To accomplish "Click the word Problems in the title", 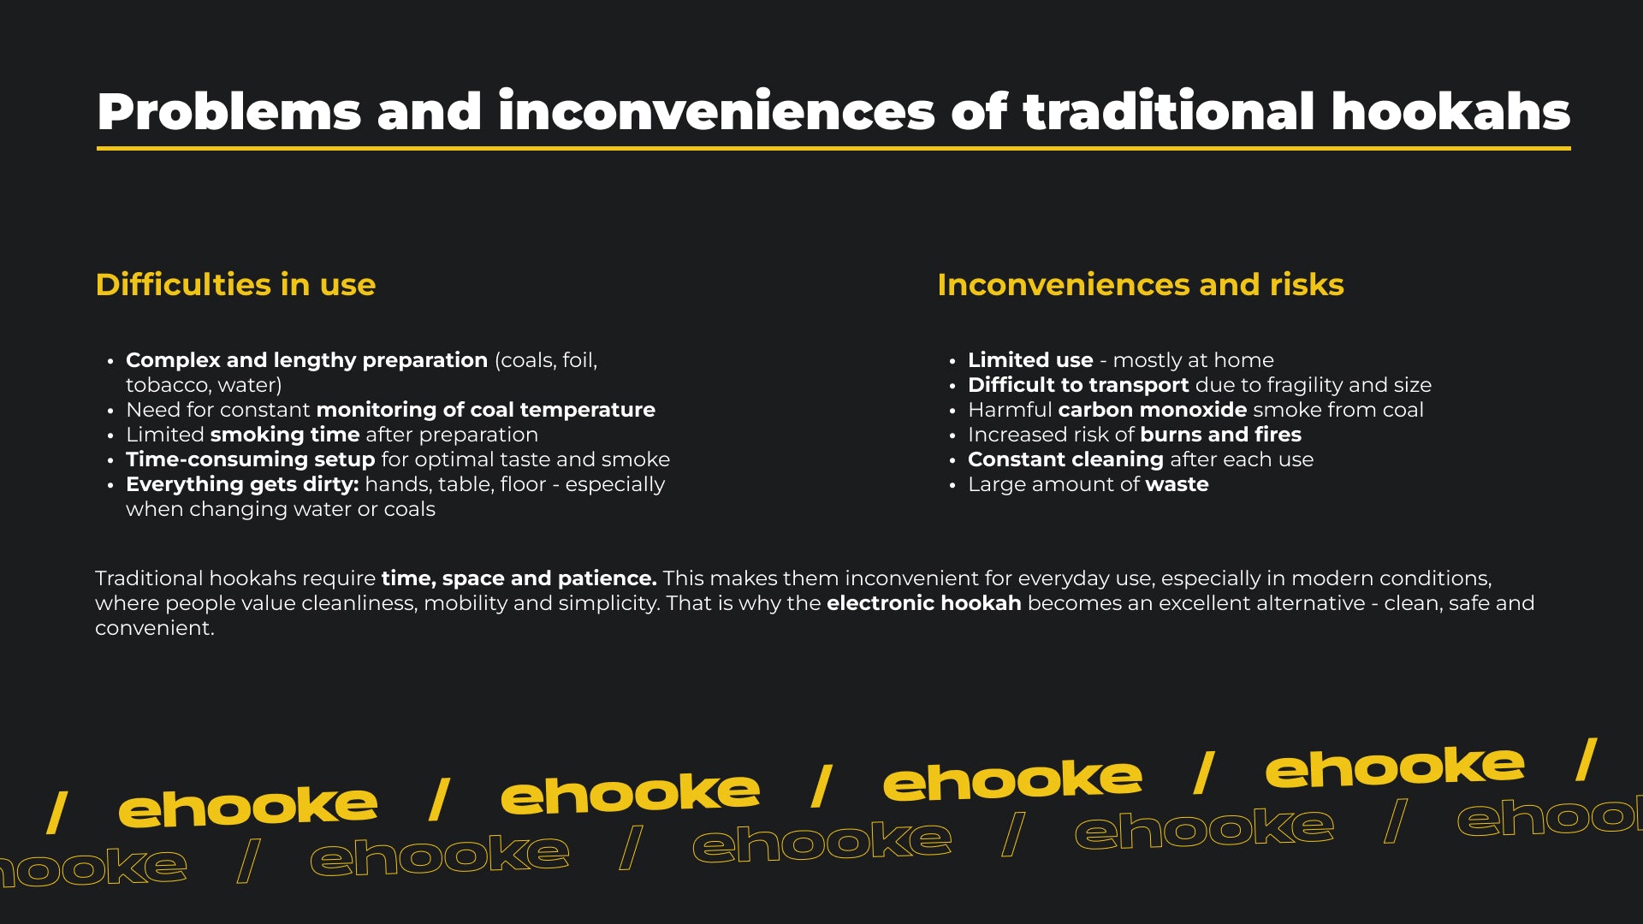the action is [229, 113].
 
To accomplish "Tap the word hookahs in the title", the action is [1450, 111].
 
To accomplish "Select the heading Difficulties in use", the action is [235, 285].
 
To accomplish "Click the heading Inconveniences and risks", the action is [1141, 285].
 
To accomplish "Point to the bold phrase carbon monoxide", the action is [1153, 410].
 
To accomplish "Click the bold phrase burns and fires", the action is [1220, 435].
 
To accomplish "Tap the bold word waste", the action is [1177, 484].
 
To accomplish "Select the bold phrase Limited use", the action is [1030, 360].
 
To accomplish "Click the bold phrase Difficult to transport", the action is [1078, 385].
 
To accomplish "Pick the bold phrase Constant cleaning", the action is [1065, 459].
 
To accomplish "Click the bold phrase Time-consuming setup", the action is [251, 459].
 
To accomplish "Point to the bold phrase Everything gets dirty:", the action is [242, 484].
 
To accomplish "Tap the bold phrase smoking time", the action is [285, 435].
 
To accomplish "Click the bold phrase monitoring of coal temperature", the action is [497, 410].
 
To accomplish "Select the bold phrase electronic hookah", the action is [924, 603].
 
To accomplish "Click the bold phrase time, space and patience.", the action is [519, 578].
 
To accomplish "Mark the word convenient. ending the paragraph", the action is [155, 628].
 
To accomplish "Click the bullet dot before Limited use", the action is [952, 362].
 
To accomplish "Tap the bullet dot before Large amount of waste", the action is [952, 486].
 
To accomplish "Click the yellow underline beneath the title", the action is [833, 149].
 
